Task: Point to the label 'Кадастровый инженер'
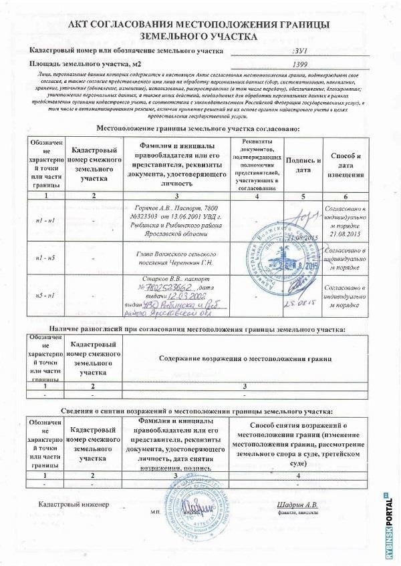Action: coord(73,505)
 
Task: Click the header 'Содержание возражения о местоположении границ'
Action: coord(246,358)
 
